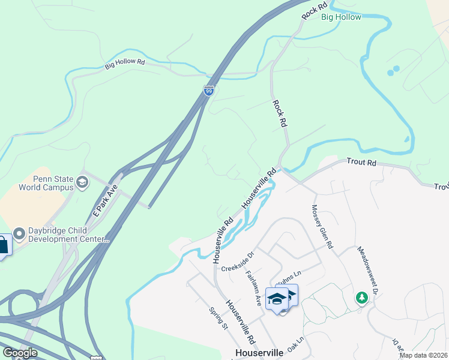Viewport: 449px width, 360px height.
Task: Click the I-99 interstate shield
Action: coord(208,91)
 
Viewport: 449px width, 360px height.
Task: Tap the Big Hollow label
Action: coord(341,17)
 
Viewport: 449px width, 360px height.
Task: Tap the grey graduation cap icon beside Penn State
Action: coord(82,182)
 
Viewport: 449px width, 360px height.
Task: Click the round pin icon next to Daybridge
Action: coord(19,233)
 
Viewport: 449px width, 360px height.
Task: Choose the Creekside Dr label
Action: coord(238,263)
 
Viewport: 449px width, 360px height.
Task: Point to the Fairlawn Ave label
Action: coord(253,289)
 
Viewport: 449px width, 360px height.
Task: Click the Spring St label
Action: coord(218,319)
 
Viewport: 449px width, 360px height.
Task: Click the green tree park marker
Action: coord(361,297)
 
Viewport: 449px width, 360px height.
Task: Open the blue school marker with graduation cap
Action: coord(277,299)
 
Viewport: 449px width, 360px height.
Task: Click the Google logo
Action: coord(20,353)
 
